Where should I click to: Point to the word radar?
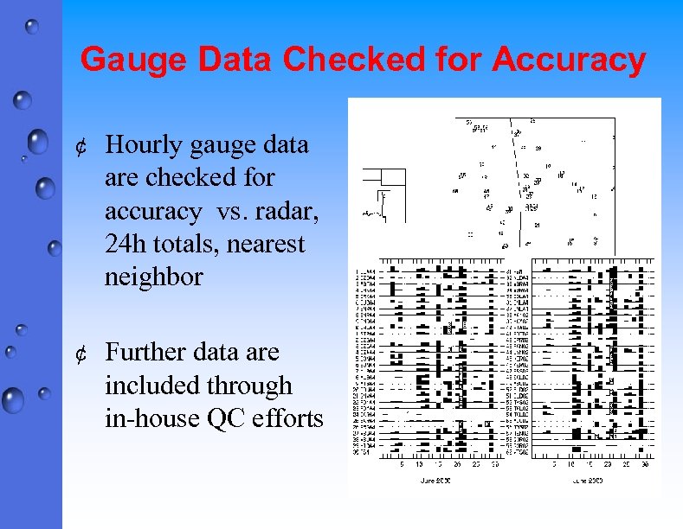pos(274,211)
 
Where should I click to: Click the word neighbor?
pos(153,277)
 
